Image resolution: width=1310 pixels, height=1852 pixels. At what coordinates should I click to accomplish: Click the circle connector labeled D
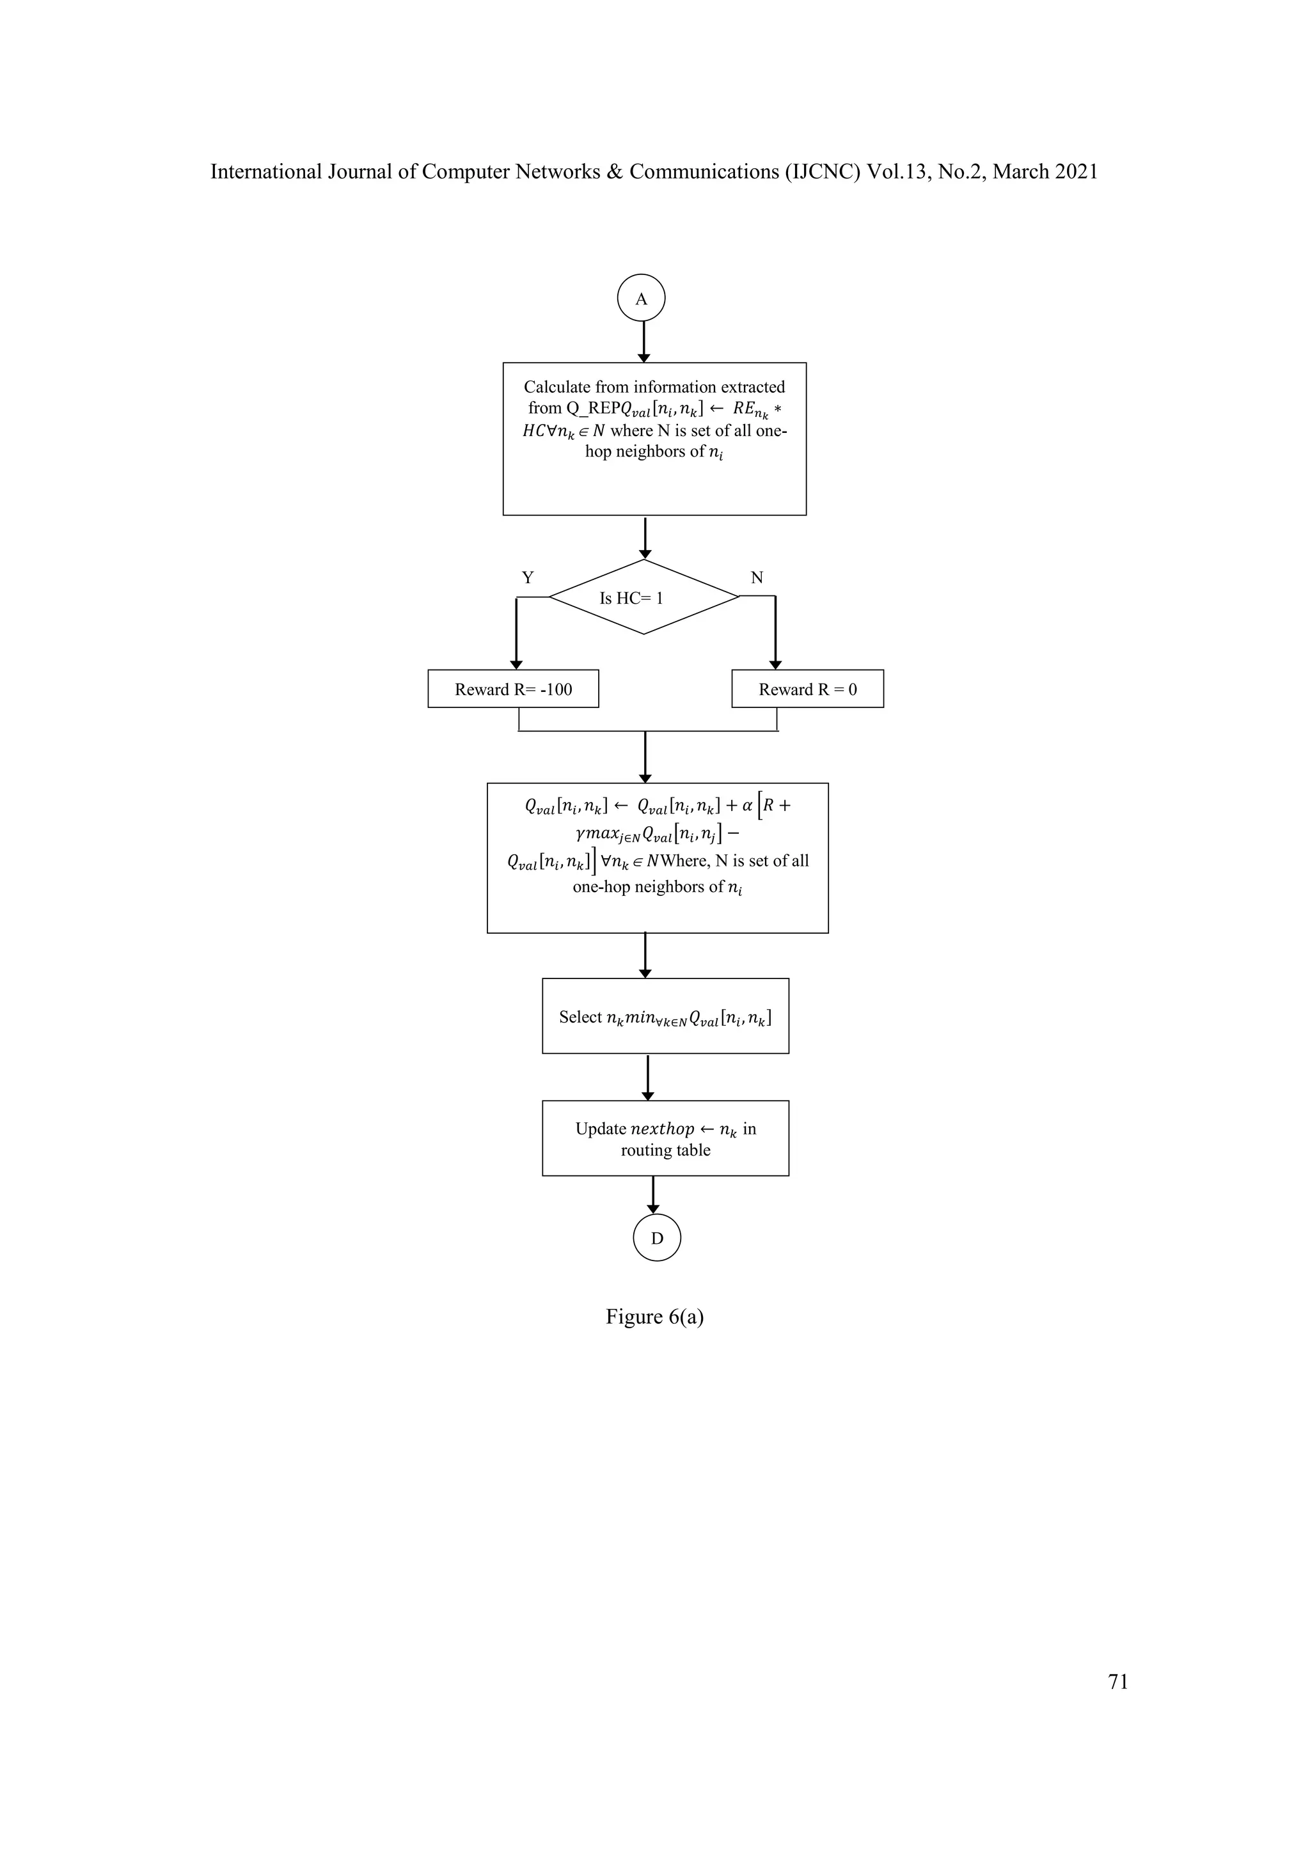click(x=657, y=1237)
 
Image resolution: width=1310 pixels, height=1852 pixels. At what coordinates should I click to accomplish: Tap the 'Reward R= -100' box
click(x=513, y=689)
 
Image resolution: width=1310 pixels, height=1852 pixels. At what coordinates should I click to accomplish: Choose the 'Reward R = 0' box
click(x=807, y=689)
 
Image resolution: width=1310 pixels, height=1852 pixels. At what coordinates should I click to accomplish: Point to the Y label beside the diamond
click(x=528, y=577)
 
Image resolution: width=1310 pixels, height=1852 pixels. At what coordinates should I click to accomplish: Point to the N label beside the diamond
click(x=757, y=577)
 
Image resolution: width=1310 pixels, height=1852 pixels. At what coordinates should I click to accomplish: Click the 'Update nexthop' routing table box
click(x=665, y=1138)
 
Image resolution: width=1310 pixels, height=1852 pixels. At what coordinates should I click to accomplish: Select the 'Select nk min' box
click(x=665, y=1016)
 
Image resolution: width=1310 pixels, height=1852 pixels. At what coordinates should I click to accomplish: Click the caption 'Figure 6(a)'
click(x=654, y=1316)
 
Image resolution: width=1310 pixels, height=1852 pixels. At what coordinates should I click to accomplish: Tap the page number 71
click(x=1118, y=1681)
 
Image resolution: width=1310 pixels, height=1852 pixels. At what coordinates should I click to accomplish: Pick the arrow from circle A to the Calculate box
click(x=643, y=342)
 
